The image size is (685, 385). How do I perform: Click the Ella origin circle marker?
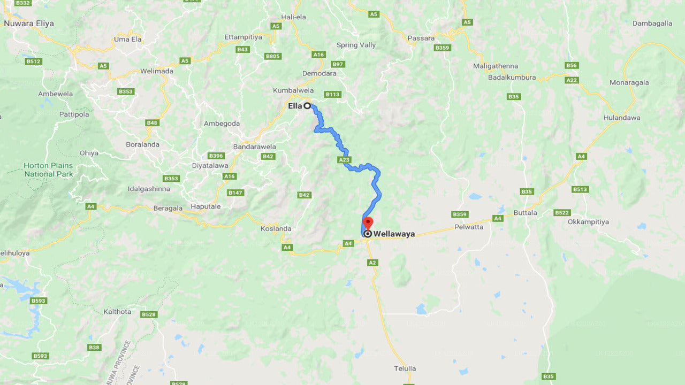pos(307,106)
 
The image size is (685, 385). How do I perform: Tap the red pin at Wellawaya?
pos(368,223)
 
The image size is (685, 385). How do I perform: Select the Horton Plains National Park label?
pos(48,170)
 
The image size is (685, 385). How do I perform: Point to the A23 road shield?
pos(344,160)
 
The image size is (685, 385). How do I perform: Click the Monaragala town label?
pos(629,82)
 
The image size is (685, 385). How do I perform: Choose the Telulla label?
pos(404,368)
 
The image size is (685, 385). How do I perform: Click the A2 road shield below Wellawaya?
pos(372,263)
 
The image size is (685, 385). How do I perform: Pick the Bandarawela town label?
pos(254,147)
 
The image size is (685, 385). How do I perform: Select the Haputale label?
pos(205,206)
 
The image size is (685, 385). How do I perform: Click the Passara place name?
pos(421,38)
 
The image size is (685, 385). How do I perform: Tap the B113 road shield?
pos(332,95)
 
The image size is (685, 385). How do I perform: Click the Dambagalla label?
pos(652,24)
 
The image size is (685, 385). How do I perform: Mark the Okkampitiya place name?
pos(588,221)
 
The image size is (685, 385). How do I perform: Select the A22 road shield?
pos(572,80)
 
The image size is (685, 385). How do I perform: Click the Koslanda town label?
pos(276,228)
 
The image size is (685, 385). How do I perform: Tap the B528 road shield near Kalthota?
pos(149,314)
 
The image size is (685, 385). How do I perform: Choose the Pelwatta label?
pos(468,227)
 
